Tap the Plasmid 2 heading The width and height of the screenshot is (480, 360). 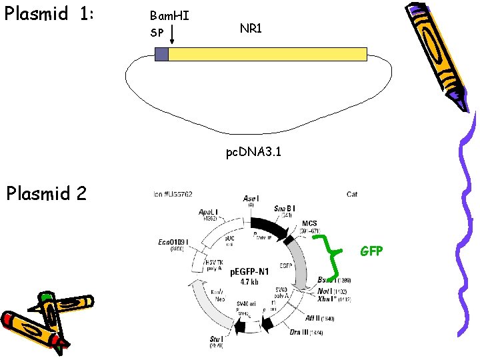click(x=55, y=193)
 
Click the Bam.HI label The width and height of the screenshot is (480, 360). click(x=169, y=15)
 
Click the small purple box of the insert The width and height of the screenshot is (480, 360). click(x=161, y=54)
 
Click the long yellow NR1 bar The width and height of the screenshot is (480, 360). click(x=267, y=54)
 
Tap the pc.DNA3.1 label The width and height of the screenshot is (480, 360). click(x=253, y=153)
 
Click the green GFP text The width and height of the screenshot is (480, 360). click(x=371, y=251)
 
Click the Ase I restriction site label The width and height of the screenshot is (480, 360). click(x=251, y=199)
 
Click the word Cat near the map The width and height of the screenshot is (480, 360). click(x=352, y=194)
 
